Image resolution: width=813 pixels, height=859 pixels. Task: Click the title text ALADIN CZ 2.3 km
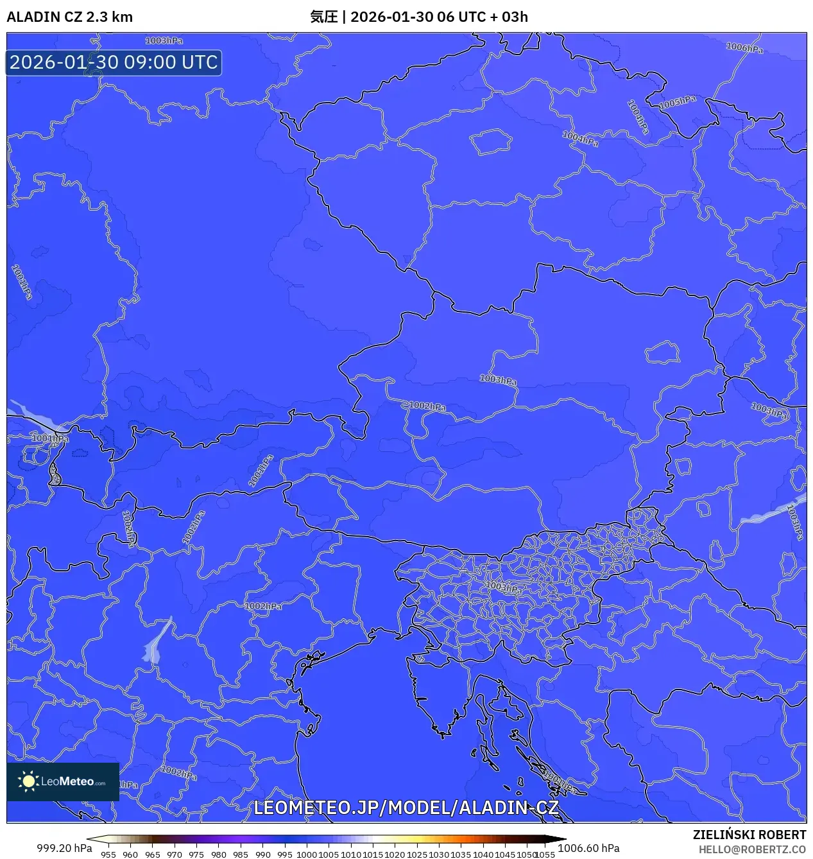[69, 17]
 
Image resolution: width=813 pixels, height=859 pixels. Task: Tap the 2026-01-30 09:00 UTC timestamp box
[114, 62]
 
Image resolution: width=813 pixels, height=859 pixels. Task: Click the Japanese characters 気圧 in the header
[323, 17]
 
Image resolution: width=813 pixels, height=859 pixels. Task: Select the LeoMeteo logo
[63, 781]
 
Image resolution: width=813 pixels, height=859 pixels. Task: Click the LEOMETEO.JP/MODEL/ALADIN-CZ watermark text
[406, 808]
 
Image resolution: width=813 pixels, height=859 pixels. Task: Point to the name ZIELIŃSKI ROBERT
[749, 835]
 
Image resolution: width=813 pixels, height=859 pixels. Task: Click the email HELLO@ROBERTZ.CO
[752, 849]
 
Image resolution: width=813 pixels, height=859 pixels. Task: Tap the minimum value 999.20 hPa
[64, 848]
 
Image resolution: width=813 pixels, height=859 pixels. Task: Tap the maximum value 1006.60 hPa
[588, 848]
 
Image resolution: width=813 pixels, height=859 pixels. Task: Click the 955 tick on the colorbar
[108, 855]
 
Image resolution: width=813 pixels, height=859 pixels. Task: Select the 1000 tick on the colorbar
[307, 855]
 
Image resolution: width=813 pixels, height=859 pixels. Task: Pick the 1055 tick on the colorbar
[545, 855]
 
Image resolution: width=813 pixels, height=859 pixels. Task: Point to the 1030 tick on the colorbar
[439, 855]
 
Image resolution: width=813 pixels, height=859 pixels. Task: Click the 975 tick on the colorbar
[196, 855]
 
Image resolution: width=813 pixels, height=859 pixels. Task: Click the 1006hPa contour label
[744, 48]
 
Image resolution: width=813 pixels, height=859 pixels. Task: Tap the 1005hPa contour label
[678, 102]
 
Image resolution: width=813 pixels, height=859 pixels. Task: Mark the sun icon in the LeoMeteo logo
[28, 781]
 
